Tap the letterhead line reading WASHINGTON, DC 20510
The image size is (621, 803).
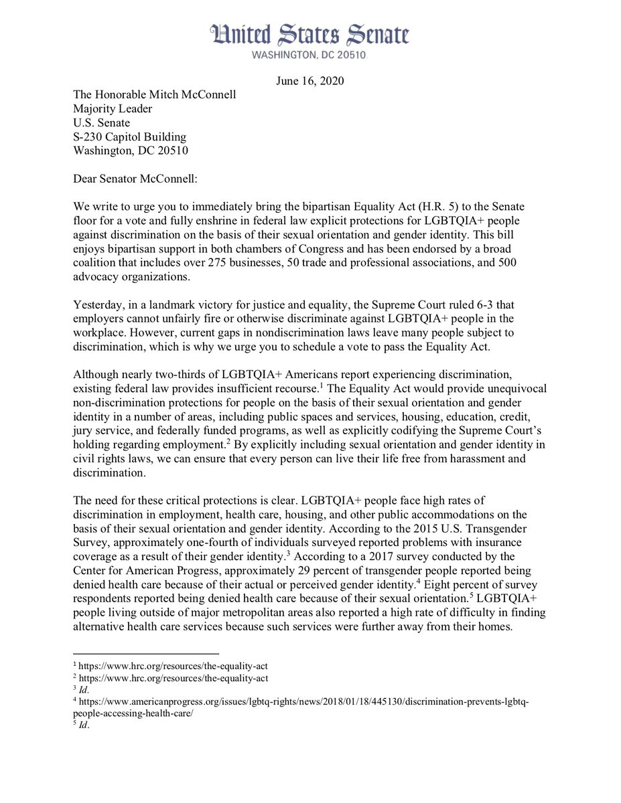coord(309,56)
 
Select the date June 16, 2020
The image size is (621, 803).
coord(309,81)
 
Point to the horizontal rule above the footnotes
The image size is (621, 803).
coord(145,653)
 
